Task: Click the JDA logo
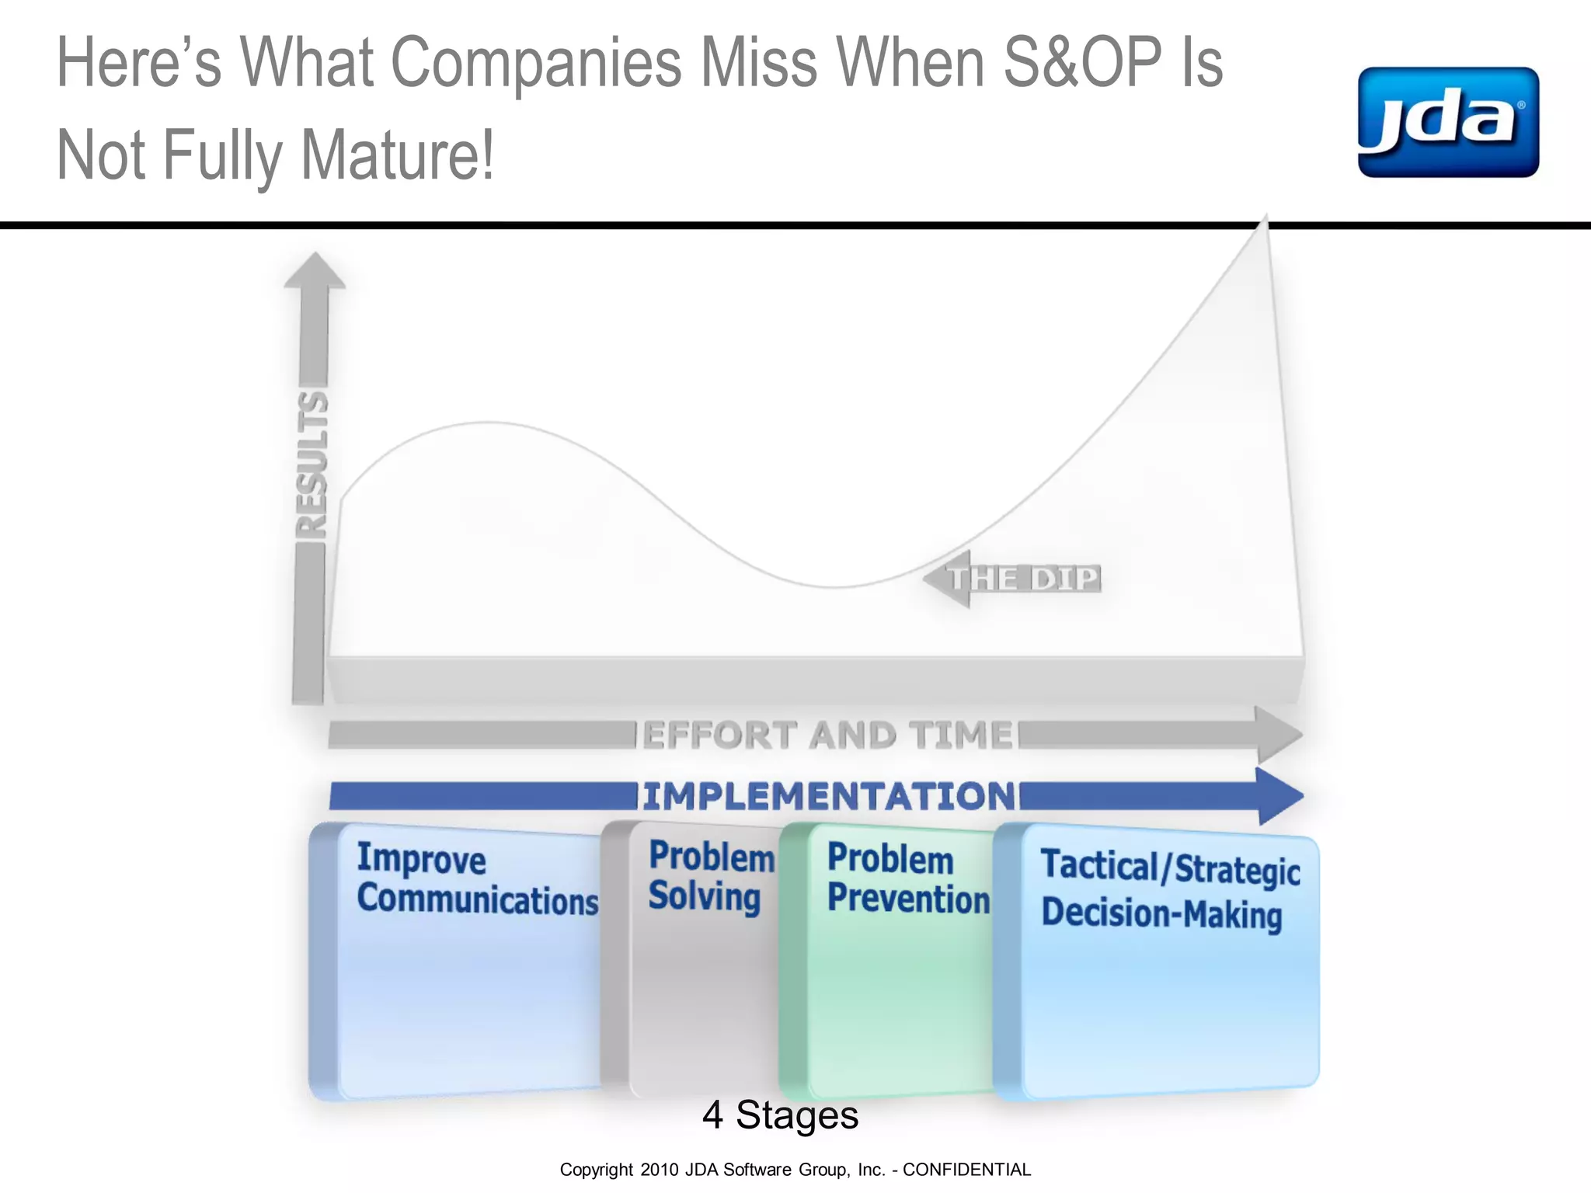tap(1448, 123)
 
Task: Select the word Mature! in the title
tap(397, 155)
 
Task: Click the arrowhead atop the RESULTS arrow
tap(315, 271)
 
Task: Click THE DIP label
tap(1024, 579)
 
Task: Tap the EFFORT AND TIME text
tap(828, 735)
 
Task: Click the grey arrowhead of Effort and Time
tap(1279, 734)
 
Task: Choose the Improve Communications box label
tap(476, 879)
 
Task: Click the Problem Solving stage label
tap(711, 876)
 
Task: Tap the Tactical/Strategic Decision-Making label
tap(1169, 890)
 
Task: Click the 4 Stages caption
tap(780, 1115)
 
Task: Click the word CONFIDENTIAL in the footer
tap(966, 1170)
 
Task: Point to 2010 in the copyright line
tap(660, 1170)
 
